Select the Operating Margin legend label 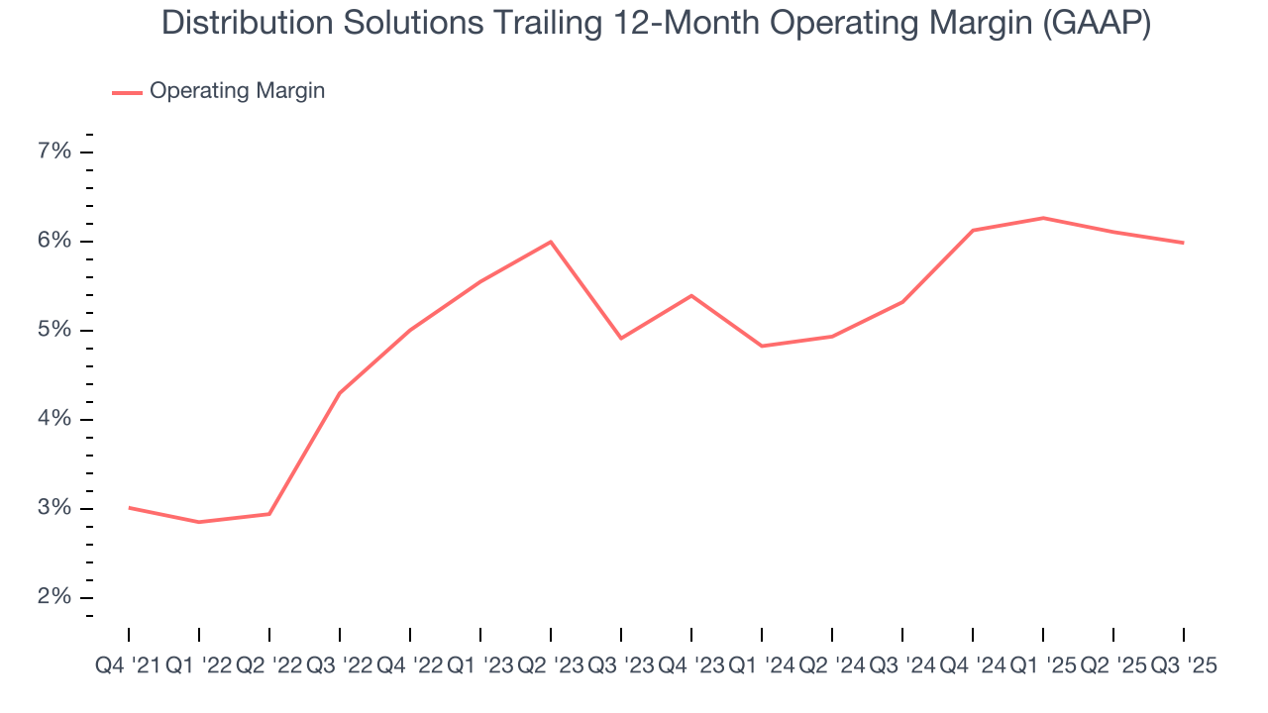tap(237, 91)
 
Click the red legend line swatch tap(127, 92)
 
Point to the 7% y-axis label tap(54, 152)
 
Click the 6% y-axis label tap(54, 241)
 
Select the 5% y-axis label tap(54, 330)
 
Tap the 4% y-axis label tap(54, 419)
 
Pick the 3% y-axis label tap(54, 508)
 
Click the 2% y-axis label tap(54, 597)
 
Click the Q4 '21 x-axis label tap(129, 666)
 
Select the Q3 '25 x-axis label tap(1183, 666)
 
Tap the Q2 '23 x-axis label tap(551, 666)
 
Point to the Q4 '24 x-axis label tap(973, 666)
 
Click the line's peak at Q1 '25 tap(1043, 218)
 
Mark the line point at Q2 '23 tap(551, 242)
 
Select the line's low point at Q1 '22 tap(199, 522)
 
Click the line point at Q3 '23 tap(621, 339)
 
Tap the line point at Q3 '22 tap(340, 393)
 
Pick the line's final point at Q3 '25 tap(1183, 243)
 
